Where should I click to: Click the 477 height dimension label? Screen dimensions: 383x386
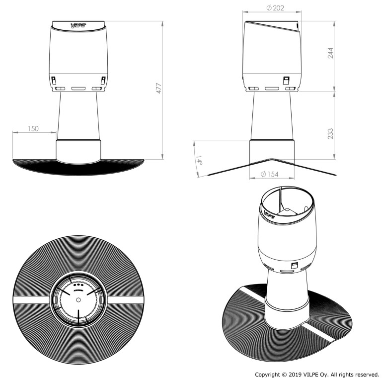click(159, 88)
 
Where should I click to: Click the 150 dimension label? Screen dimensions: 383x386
click(33, 128)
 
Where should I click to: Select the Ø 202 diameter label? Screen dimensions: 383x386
click(275, 8)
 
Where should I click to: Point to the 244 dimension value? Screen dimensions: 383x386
click(330, 53)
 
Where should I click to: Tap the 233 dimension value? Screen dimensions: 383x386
click(330, 134)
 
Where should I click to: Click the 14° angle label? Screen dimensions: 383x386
click(199, 160)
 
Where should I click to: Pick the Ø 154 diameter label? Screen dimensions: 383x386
click(270, 174)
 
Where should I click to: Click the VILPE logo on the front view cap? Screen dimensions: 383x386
click(78, 25)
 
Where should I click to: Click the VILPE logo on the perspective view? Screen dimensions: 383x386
click(269, 214)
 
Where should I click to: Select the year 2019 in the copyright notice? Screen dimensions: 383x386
click(295, 375)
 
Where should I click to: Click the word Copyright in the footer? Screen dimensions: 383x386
click(267, 375)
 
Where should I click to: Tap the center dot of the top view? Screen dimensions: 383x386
click(78, 299)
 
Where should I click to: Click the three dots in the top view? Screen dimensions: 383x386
click(78, 285)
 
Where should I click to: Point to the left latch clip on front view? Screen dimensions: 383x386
click(53, 80)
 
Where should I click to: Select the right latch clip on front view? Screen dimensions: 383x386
click(103, 80)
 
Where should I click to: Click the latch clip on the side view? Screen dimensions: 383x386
click(286, 80)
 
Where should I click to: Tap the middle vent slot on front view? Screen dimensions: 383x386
click(78, 89)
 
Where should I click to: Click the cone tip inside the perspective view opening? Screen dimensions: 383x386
click(287, 209)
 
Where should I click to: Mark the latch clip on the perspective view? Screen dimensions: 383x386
click(294, 266)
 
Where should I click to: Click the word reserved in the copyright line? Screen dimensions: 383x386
click(367, 375)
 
